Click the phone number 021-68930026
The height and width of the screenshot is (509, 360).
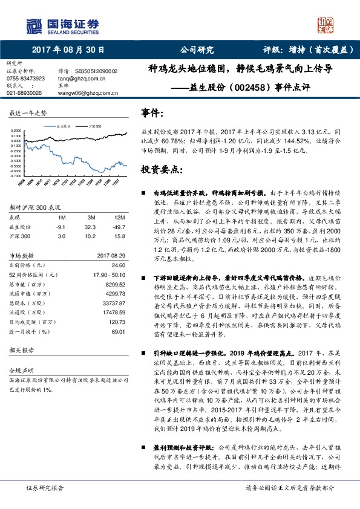24,93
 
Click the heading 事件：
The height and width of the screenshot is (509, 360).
152,113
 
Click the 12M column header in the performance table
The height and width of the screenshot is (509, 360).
119,216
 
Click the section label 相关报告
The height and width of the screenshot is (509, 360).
24,350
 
